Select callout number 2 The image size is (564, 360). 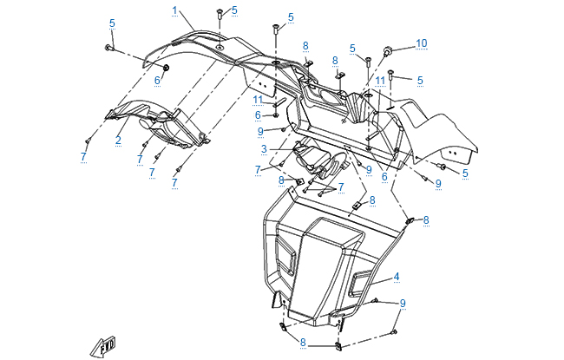tap(118, 140)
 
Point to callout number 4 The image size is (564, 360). tap(397, 277)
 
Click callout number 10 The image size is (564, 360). tap(422, 43)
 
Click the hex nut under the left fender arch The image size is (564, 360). tap(166, 67)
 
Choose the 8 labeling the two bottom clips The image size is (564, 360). tap(302, 344)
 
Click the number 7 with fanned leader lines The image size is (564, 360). tap(341, 187)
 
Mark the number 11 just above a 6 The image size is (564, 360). tap(258, 100)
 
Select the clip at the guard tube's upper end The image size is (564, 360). tap(411, 222)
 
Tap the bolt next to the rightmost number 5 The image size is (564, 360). tap(443, 166)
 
